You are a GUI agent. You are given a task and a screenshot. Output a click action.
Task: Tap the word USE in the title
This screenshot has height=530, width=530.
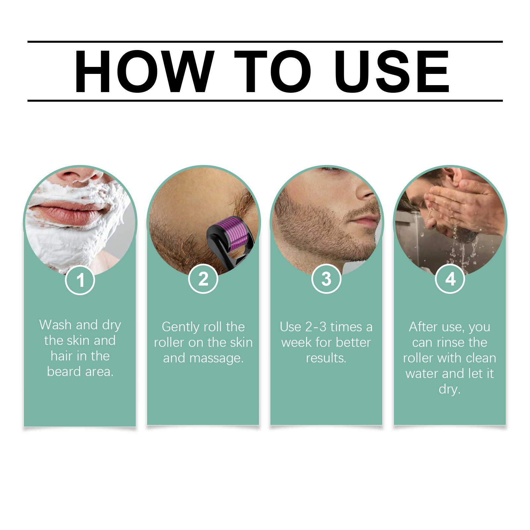[x=392, y=71]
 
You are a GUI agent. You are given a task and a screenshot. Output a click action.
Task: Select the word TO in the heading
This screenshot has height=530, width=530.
[x=273, y=71]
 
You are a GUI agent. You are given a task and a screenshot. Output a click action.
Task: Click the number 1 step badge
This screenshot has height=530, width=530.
[x=80, y=280]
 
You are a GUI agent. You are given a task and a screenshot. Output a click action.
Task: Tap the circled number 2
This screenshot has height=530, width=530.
[x=203, y=279]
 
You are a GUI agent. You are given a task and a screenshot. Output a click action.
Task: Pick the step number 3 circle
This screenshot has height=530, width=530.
[x=326, y=279]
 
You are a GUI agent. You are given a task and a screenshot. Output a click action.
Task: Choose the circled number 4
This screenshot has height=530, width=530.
[x=450, y=279]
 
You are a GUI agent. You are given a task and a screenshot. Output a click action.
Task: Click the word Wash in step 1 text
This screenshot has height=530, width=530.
[x=55, y=325]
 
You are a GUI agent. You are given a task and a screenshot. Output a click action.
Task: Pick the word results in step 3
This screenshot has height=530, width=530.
[x=326, y=358]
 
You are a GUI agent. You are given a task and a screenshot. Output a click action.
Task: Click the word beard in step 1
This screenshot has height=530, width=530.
[x=64, y=372]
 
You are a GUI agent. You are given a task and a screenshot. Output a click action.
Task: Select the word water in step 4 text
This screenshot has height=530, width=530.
[x=422, y=374]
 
